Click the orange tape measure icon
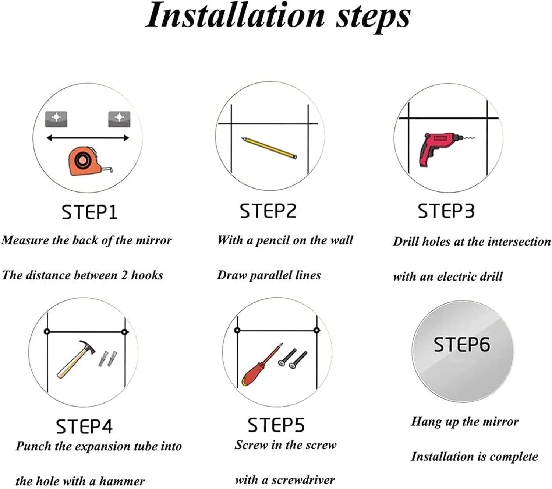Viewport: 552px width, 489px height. click(x=88, y=161)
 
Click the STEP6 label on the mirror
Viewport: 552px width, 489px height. click(x=461, y=345)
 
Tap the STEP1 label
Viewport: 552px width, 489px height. click(x=89, y=212)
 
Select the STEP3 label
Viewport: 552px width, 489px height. click(x=446, y=211)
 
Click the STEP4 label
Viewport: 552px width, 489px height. click(x=84, y=426)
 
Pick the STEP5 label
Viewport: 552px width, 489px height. click(x=276, y=425)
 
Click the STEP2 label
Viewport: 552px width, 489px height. click(x=268, y=211)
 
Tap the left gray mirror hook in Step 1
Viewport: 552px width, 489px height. click(x=56, y=119)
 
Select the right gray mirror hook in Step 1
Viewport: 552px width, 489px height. click(x=119, y=119)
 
